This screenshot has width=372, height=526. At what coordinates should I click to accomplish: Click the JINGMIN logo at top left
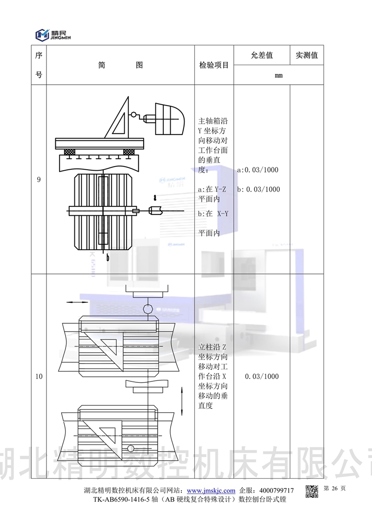coord(53,35)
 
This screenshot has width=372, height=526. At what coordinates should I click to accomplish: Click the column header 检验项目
coord(214,65)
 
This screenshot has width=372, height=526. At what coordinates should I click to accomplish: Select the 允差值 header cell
coord(262,55)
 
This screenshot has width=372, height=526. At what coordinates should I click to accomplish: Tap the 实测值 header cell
coord(306,55)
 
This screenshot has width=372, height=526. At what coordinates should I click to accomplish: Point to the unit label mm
coord(279,75)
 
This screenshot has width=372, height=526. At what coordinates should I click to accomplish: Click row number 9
coord(39,180)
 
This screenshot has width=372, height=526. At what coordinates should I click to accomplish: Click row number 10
coord(39,376)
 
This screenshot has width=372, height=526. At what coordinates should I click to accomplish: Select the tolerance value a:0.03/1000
coord(258,170)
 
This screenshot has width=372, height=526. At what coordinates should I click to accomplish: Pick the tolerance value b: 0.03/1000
coord(258,189)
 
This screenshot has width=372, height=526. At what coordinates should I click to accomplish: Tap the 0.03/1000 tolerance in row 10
coord(262,376)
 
